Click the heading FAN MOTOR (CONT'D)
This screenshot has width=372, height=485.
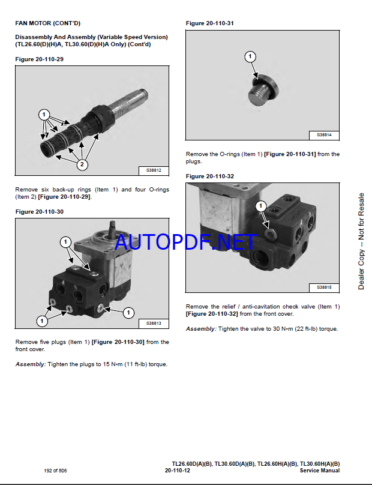47,23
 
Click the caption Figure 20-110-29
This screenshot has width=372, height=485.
39,59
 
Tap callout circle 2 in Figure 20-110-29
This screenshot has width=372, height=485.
82,164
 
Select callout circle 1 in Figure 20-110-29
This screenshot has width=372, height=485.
44,115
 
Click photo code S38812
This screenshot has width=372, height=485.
154,170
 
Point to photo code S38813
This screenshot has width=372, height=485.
154,323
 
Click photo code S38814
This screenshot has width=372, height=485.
324,135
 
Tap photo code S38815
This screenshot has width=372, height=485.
324,288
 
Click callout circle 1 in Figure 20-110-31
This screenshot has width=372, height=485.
250,56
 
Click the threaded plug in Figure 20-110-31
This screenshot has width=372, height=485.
264,89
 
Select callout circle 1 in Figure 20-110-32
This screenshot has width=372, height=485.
260,206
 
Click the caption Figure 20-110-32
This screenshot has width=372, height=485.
210,176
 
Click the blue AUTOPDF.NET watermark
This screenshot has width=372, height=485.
185,242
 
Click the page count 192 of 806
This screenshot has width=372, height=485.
55,471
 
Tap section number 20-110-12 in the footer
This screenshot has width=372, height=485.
178,471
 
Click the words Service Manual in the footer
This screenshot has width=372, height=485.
320,471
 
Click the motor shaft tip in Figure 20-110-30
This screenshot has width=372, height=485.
113,223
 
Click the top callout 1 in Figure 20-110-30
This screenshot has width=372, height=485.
65,242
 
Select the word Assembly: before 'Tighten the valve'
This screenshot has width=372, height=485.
201,329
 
